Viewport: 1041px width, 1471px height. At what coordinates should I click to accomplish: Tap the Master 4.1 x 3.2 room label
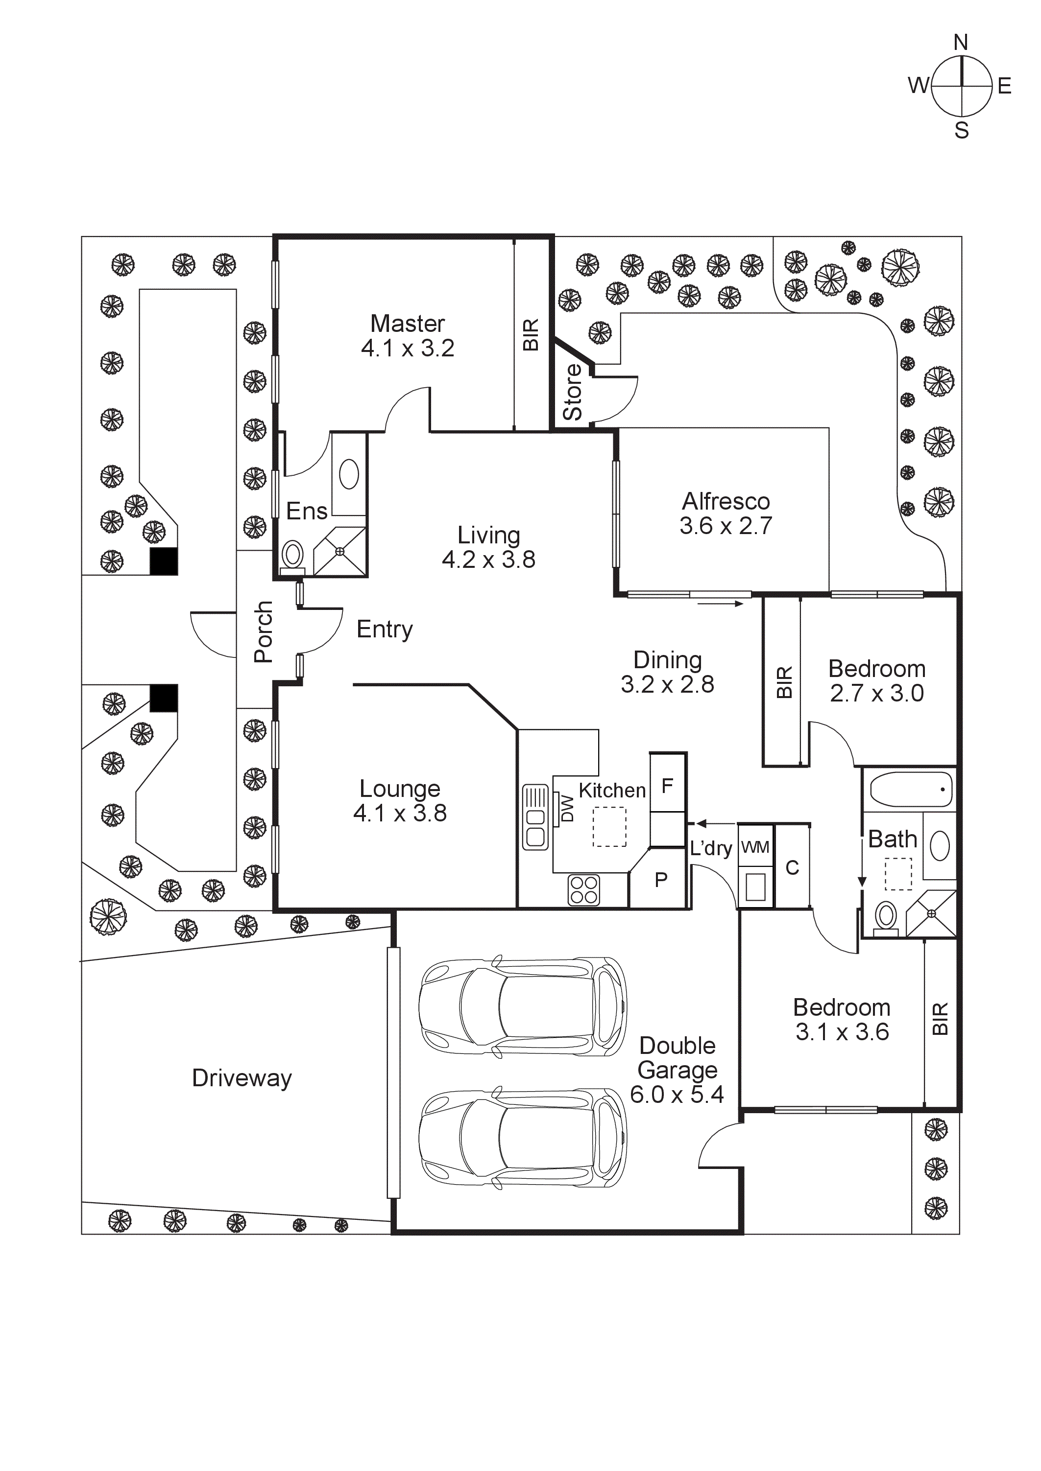tap(408, 336)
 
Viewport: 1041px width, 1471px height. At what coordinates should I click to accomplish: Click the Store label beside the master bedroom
tap(572, 392)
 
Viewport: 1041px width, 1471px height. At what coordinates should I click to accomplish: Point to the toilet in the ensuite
tap(293, 555)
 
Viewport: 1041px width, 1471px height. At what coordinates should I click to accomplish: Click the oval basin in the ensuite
tap(349, 475)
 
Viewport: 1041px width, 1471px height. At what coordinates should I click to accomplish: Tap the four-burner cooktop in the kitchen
tap(584, 890)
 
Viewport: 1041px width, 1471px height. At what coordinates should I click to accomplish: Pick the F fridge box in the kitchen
tap(667, 786)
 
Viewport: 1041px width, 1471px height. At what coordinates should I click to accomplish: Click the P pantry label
tap(661, 880)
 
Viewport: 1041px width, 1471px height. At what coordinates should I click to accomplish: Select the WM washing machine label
tap(755, 847)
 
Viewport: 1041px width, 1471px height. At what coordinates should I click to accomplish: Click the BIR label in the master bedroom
tap(531, 334)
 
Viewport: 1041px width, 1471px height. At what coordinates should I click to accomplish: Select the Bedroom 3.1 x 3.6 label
tap(842, 1019)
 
